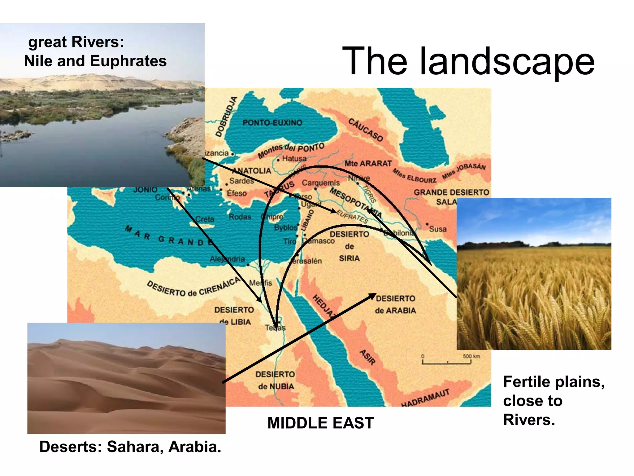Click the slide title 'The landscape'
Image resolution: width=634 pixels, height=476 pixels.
point(468,61)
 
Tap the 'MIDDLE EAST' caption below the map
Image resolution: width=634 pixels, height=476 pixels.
point(320,423)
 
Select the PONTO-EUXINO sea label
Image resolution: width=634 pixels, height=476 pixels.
point(272,123)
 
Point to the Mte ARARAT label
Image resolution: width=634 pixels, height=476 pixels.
point(368,163)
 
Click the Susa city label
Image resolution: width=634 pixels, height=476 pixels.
point(437,229)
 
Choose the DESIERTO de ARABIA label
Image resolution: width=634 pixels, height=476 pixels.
point(395,304)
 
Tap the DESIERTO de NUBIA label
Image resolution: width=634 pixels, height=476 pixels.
point(275,380)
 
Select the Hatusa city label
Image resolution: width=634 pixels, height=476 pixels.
point(294,158)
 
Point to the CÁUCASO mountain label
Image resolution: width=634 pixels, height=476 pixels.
point(366,130)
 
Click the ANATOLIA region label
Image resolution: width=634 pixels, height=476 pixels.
point(251,170)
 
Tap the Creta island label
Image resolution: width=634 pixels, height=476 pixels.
point(205,219)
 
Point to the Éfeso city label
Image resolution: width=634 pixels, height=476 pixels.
point(237,193)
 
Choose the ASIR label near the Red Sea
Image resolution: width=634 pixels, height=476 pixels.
point(367,357)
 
